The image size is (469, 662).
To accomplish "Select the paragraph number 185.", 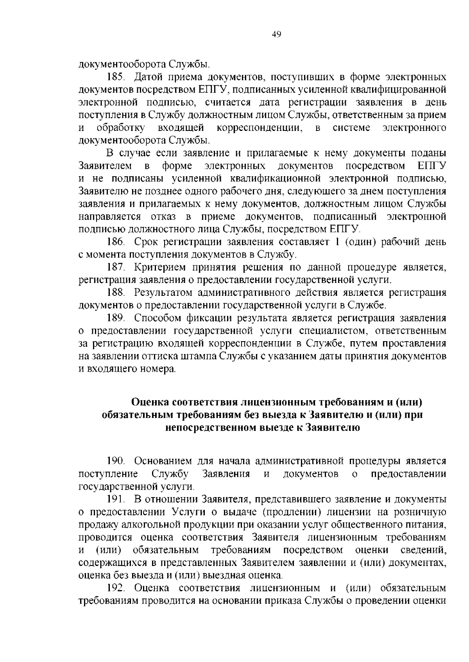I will [116, 77].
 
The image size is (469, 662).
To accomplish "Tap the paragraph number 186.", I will [116, 242].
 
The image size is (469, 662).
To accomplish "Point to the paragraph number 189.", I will [116, 318].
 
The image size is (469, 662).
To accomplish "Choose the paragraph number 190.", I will [116, 462].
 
